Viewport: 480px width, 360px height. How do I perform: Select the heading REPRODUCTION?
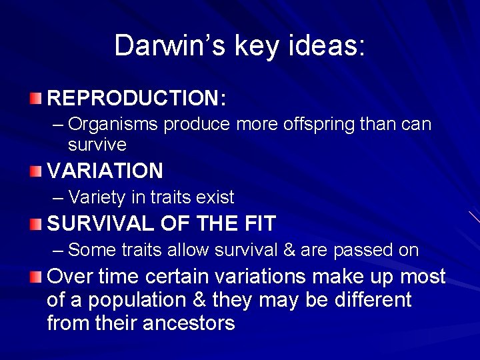137,99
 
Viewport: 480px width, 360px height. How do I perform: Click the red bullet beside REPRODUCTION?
35,99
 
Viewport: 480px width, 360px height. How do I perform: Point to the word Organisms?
114,124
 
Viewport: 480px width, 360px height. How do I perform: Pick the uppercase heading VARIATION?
105,171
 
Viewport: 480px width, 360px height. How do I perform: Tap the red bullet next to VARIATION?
35,171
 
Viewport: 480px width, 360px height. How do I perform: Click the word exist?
215,197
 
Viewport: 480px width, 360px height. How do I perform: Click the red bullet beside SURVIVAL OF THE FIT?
35,224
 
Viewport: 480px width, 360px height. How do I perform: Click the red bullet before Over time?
35,277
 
